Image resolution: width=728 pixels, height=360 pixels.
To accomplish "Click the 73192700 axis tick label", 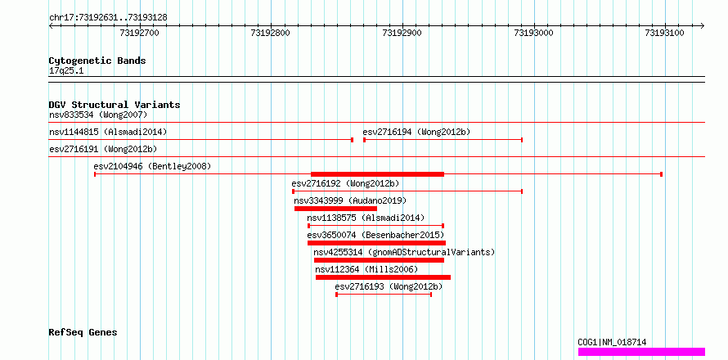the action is [x=139, y=33].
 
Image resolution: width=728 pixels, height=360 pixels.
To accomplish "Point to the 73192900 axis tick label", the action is [x=402, y=33].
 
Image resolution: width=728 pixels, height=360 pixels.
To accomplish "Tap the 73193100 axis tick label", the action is [x=665, y=33].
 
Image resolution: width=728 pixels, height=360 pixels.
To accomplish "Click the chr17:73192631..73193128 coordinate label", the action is [x=108, y=18].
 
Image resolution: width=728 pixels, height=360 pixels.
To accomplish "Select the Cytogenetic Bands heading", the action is [x=97, y=61].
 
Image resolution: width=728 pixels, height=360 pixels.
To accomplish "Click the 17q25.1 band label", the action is [x=66, y=71].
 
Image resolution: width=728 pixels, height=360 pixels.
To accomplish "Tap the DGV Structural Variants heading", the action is [x=115, y=105].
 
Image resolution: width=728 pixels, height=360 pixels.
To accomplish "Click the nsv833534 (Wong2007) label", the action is [x=98, y=115].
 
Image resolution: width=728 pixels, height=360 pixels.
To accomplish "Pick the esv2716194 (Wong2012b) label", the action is [x=416, y=132].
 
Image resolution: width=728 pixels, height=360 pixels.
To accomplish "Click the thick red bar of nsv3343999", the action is [x=335, y=209].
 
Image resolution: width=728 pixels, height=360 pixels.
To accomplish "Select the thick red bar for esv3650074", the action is [x=376, y=243].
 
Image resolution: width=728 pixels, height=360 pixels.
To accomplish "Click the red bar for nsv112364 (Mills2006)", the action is [x=383, y=277].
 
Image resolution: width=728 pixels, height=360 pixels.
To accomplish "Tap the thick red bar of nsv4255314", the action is [x=379, y=260].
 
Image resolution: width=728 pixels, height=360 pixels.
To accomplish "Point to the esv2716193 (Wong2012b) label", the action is [x=389, y=287].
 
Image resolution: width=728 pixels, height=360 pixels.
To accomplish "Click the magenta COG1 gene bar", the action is [x=641, y=352].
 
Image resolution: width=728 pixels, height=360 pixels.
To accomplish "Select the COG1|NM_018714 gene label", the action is [x=612, y=342].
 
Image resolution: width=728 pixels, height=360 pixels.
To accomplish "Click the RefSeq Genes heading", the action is [x=83, y=333].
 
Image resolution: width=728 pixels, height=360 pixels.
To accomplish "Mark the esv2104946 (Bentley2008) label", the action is [x=152, y=166].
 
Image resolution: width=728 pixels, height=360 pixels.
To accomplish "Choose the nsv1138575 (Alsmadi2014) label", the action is [x=366, y=218].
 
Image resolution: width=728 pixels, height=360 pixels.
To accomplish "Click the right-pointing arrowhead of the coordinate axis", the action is [x=703, y=26].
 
